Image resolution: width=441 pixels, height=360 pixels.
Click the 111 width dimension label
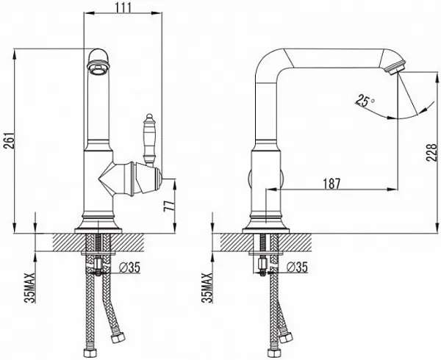pos(123,7)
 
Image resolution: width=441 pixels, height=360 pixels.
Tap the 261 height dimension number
pos(9,141)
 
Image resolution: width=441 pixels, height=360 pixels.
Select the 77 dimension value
pos(169,206)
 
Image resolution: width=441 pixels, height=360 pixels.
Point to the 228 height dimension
pos(431,153)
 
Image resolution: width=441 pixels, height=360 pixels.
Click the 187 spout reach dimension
pos(331,184)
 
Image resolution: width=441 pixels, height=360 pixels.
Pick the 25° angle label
pos(365,101)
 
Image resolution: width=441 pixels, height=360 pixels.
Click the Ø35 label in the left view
pos(129,267)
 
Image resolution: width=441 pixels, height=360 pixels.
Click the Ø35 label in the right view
pos(297,267)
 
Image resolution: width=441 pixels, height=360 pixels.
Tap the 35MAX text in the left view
pos(30,288)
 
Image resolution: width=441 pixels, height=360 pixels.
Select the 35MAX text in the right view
pos(207,288)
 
